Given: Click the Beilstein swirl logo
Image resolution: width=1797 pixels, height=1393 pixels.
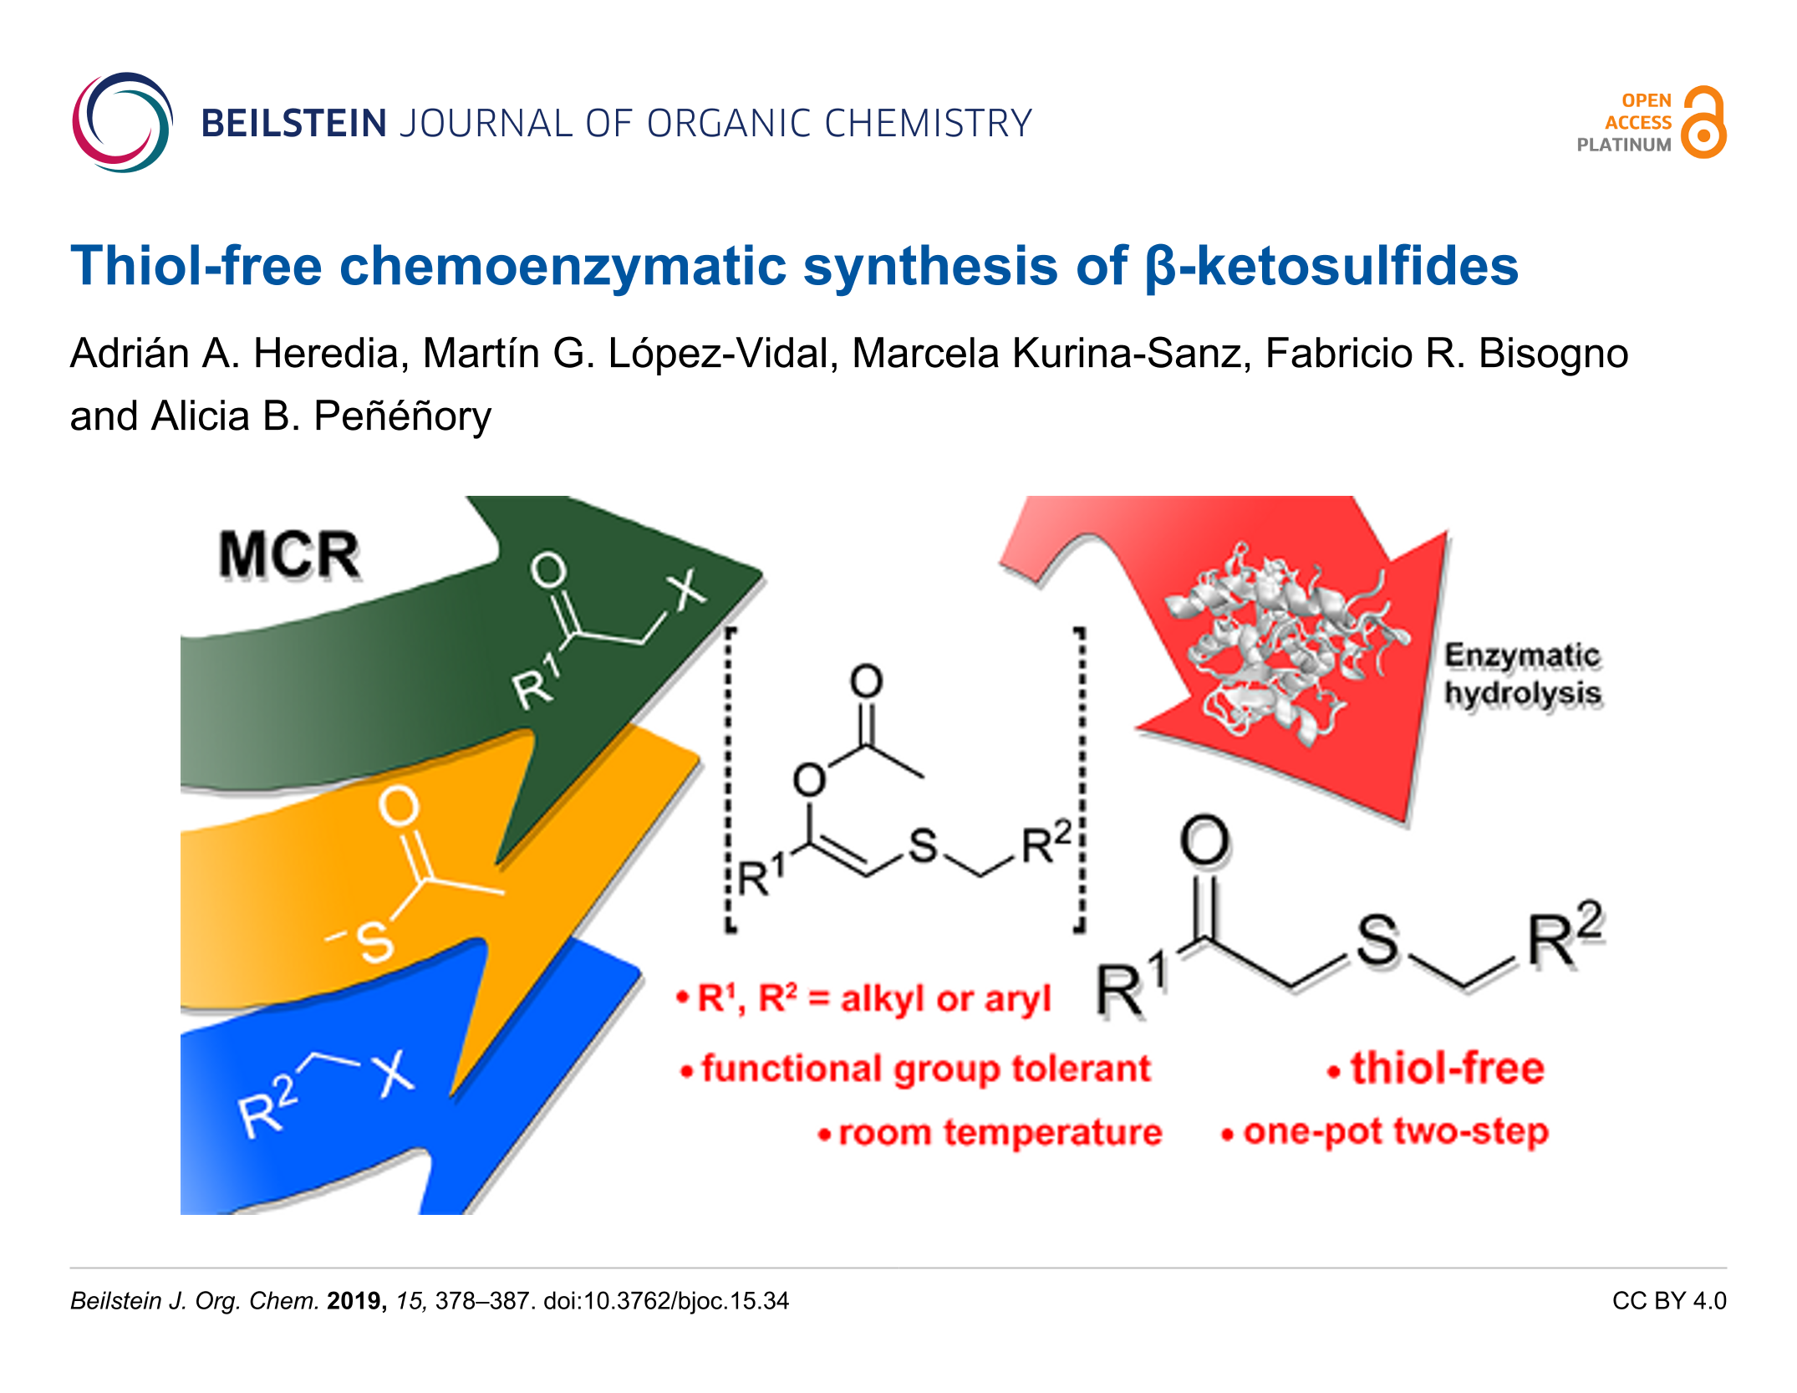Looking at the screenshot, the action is tap(123, 123).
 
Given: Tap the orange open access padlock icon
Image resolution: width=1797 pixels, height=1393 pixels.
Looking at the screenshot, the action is tap(1704, 122).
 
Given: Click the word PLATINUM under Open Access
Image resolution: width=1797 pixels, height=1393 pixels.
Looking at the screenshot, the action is tap(1624, 145).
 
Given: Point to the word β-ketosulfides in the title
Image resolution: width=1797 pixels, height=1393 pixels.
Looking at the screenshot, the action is tap(1331, 266).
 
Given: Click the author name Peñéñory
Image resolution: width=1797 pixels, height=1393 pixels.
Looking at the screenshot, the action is tap(402, 416).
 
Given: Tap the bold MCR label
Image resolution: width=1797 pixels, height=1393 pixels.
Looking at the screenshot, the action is tap(289, 554).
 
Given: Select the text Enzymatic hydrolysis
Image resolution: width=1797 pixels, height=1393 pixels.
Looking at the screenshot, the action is tap(1523, 674).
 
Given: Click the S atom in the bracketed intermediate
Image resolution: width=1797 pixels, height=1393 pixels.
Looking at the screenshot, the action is tap(923, 844).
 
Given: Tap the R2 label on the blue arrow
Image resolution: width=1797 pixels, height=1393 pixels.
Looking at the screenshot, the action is tap(268, 1105).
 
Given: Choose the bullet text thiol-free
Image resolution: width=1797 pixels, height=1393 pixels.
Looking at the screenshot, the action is tap(1447, 1068).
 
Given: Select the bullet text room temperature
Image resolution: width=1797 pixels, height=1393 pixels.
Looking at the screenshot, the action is tap(1000, 1133).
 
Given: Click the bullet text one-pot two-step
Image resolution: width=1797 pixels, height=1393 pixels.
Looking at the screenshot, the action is tap(1395, 1131).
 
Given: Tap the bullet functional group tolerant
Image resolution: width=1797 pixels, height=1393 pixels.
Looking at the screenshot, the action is tap(925, 1069).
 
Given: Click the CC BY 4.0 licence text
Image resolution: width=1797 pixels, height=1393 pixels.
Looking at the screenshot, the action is tap(1669, 1301).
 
